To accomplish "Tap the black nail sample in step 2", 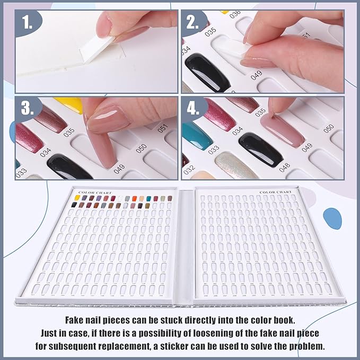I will coord(207,72).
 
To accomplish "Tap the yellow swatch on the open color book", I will coord(77,198).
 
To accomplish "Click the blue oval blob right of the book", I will coord(332,217).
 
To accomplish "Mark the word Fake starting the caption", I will coord(76,320).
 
